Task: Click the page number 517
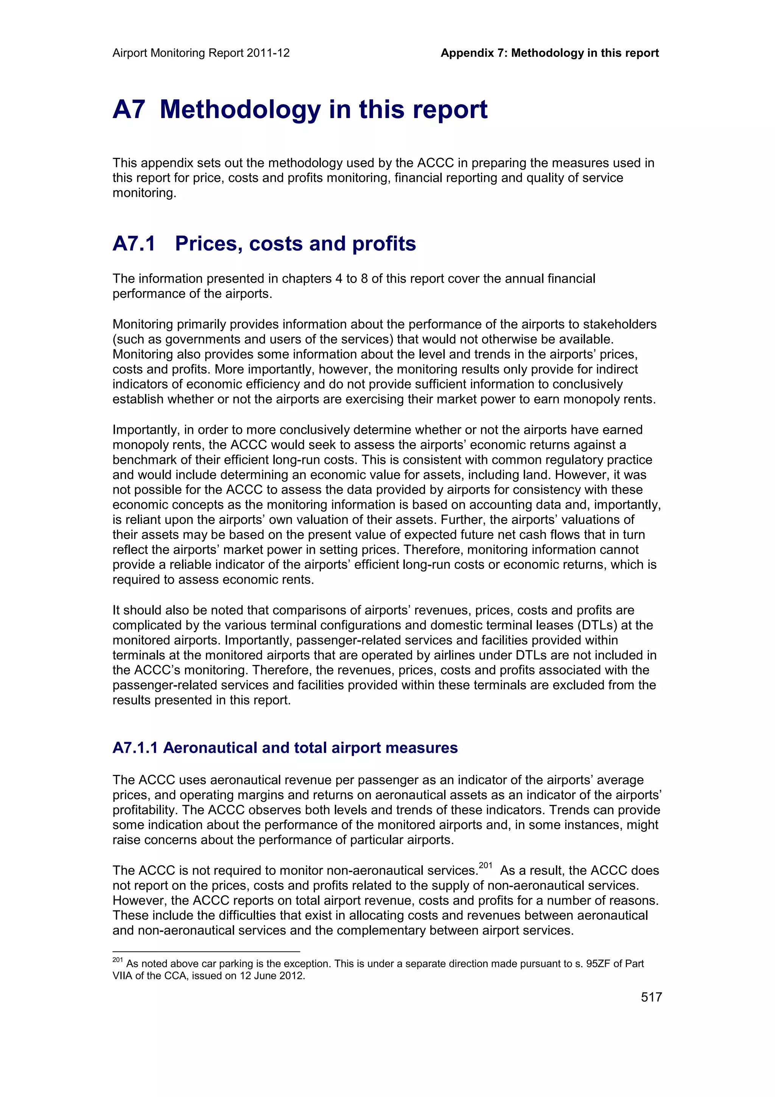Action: (x=651, y=997)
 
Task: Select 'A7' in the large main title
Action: (x=128, y=109)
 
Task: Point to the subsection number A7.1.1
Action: (x=135, y=747)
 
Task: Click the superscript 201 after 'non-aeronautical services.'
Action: (x=485, y=865)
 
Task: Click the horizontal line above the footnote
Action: (x=206, y=951)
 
